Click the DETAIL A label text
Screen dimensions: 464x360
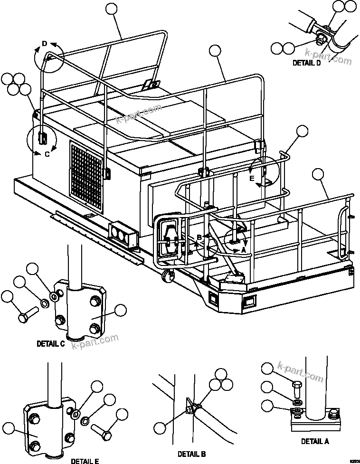[314, 441]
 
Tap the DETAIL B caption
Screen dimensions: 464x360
[191, 454]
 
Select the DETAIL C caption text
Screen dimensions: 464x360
[50, 344]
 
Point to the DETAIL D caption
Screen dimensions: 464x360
[306, 63]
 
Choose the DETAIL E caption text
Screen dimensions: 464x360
[85, 461]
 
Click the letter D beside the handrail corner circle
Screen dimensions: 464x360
[44, 44]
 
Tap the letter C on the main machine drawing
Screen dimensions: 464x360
[47, 154]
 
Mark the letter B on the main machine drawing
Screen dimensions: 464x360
[200, 237]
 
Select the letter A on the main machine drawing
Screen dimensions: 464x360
[244, 248]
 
